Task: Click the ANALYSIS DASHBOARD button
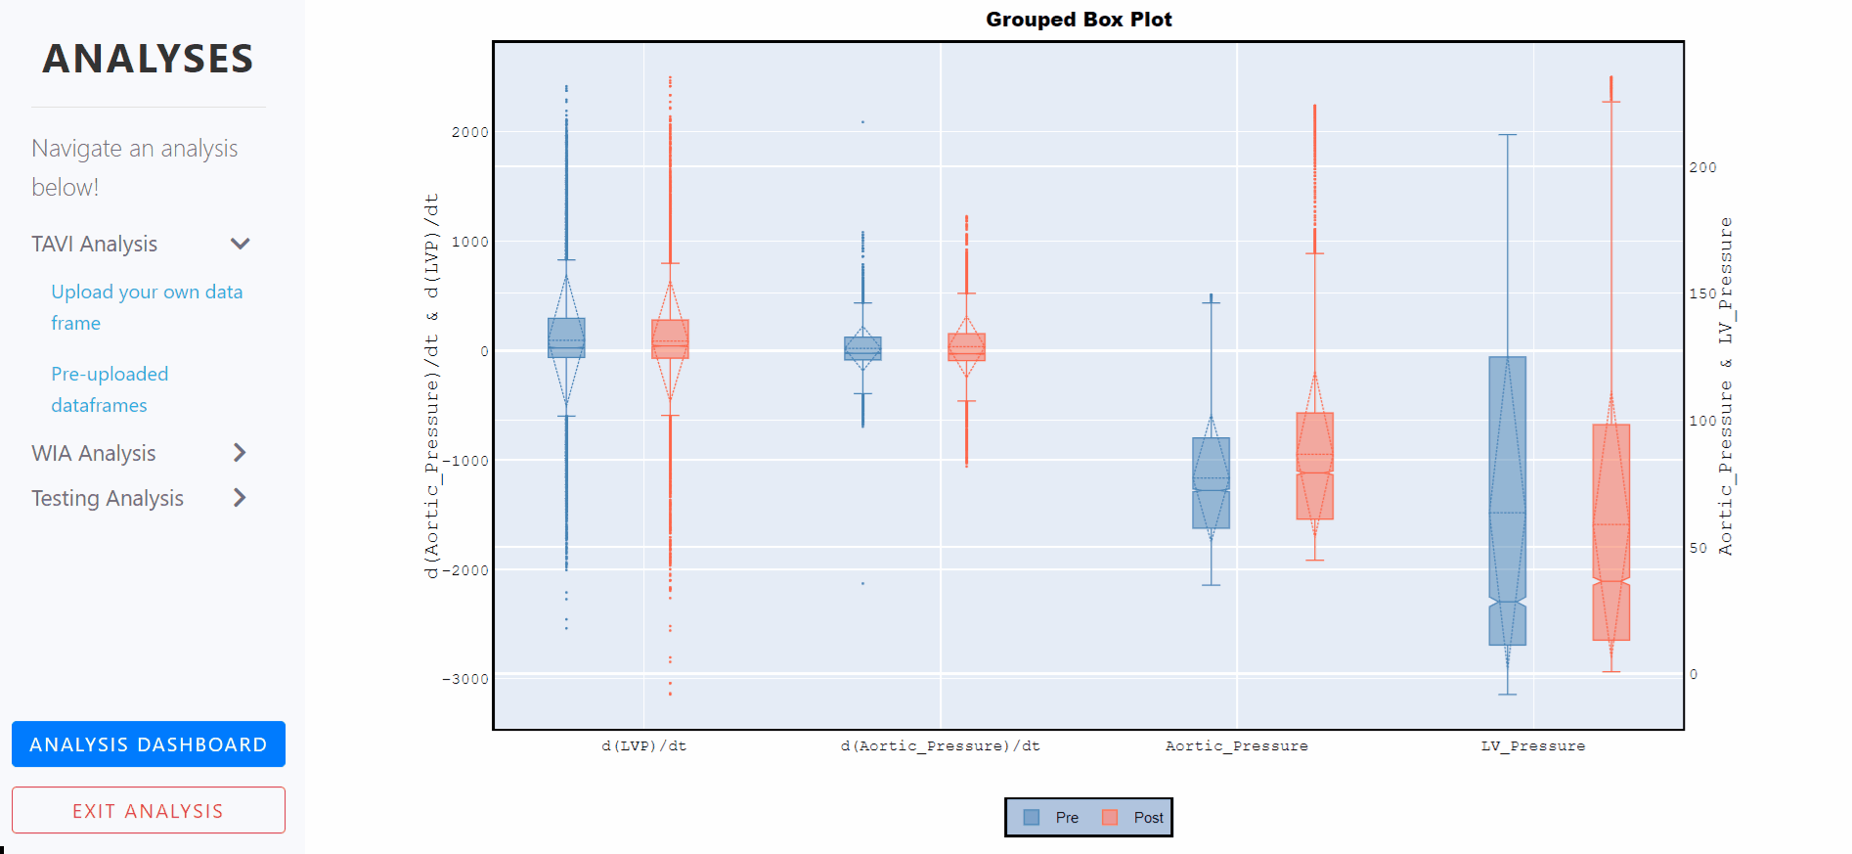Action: tap(148, 744)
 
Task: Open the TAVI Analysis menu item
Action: tap(95, 244)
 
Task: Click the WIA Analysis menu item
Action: tap(94, 453)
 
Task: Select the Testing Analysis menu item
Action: tap(108, 498)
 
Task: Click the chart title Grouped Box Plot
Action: tap(1078, 20)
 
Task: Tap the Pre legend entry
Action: tap(1052, 818)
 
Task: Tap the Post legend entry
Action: tap(1134, 818)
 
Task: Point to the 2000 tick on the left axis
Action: tap(469, 132)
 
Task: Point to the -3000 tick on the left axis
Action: tap(465, 679)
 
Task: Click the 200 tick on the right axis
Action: tap(1702, 167)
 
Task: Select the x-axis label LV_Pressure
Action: tap(1532, 746)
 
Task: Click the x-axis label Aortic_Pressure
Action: tap(1236, 746)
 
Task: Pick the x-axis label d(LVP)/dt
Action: tap(643, 746)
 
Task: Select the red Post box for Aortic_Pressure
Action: tap(1314, 466)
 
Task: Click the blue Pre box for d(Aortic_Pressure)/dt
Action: tap(862, 348)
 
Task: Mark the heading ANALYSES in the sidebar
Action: tap(148, 59)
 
